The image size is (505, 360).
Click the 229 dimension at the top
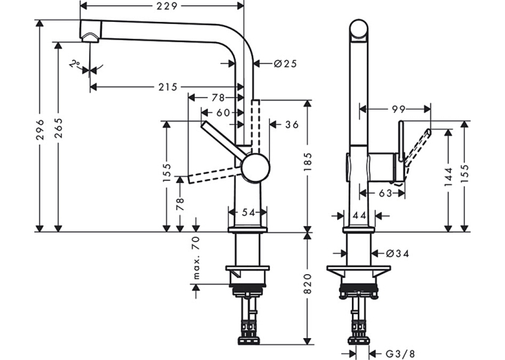coord(167,6)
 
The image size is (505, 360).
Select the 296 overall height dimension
coord(40,129)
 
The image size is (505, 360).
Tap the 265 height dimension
coord(58,128)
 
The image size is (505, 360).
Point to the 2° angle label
coord(75,63)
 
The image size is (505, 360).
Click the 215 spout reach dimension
coord(168,87)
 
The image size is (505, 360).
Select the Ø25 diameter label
coord(285,64)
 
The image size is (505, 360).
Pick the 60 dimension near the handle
coord(223,112)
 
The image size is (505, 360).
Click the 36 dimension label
coord(292,124)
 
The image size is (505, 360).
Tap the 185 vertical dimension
coord(308,162)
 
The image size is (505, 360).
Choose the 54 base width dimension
coord(248,213)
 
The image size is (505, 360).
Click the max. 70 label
coord(196,258)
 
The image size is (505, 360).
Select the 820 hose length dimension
coord(308,283)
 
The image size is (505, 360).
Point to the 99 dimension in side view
coord(398,109)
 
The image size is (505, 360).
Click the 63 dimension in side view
coord(386,193)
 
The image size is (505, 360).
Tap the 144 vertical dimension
coord(448,176)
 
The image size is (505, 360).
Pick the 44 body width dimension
coord(359,215)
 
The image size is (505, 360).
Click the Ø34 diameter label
coord(397,254)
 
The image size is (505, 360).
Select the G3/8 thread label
coord(400,354)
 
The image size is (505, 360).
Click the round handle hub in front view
coord(255,167)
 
